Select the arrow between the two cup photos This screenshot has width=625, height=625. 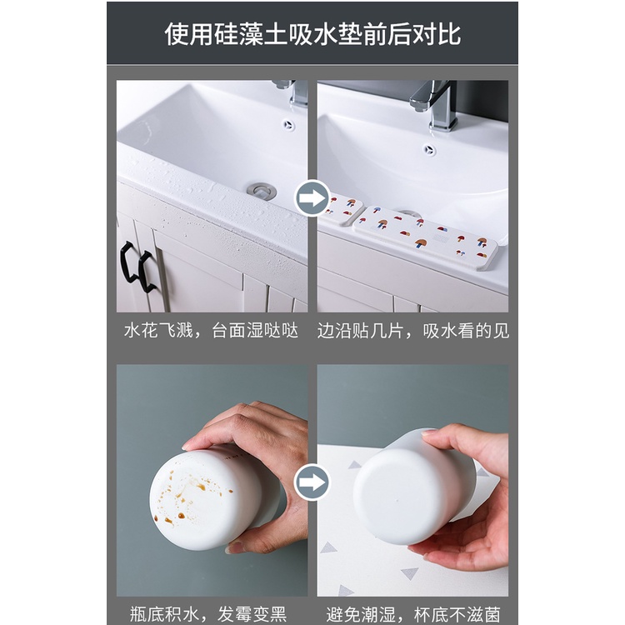pos(312,482)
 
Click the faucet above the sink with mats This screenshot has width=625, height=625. pos(435,103)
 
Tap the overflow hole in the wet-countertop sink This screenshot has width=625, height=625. pos(288,125)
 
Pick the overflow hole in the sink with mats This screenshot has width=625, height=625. pos(429,150)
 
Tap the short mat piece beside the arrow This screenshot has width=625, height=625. pos(342,208)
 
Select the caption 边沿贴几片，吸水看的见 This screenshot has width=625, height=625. pos(412,331)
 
